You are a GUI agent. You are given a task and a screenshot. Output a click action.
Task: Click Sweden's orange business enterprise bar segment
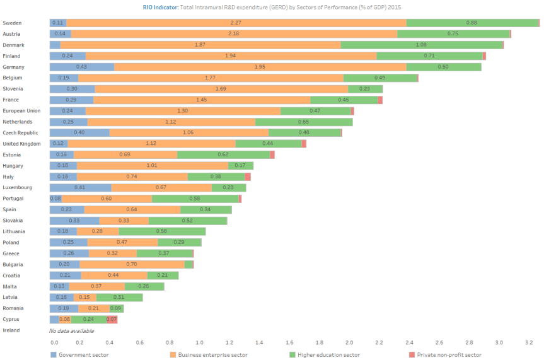point(236,23)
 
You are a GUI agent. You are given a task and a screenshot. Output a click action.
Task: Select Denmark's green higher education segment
point(422,45)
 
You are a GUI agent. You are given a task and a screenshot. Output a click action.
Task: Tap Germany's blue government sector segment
point(81,67)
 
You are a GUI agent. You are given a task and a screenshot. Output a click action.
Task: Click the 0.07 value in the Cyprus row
point(112,320)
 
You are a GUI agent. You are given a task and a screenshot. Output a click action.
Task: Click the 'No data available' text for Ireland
point(71,330)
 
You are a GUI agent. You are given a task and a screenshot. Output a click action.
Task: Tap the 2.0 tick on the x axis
point(349,343)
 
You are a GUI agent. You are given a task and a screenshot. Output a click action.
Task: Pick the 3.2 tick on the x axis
point(528,343)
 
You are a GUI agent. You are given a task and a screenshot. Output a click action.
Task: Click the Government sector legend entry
point(79,355)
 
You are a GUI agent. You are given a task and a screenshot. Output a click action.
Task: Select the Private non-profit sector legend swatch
point(412,355)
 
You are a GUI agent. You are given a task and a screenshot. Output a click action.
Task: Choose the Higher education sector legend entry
point(324,355)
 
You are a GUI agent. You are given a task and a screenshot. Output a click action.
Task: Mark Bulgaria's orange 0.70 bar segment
point(132,264)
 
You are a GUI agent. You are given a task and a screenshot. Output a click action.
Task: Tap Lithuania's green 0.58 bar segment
point(162,231)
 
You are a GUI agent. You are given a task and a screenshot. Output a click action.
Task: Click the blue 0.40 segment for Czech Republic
point(79,132)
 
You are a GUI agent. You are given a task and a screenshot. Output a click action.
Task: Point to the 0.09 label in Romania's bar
point(116,308)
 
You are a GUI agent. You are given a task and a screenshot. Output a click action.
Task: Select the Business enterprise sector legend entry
point(212,355)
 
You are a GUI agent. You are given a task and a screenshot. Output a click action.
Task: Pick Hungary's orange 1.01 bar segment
point(152,166)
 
